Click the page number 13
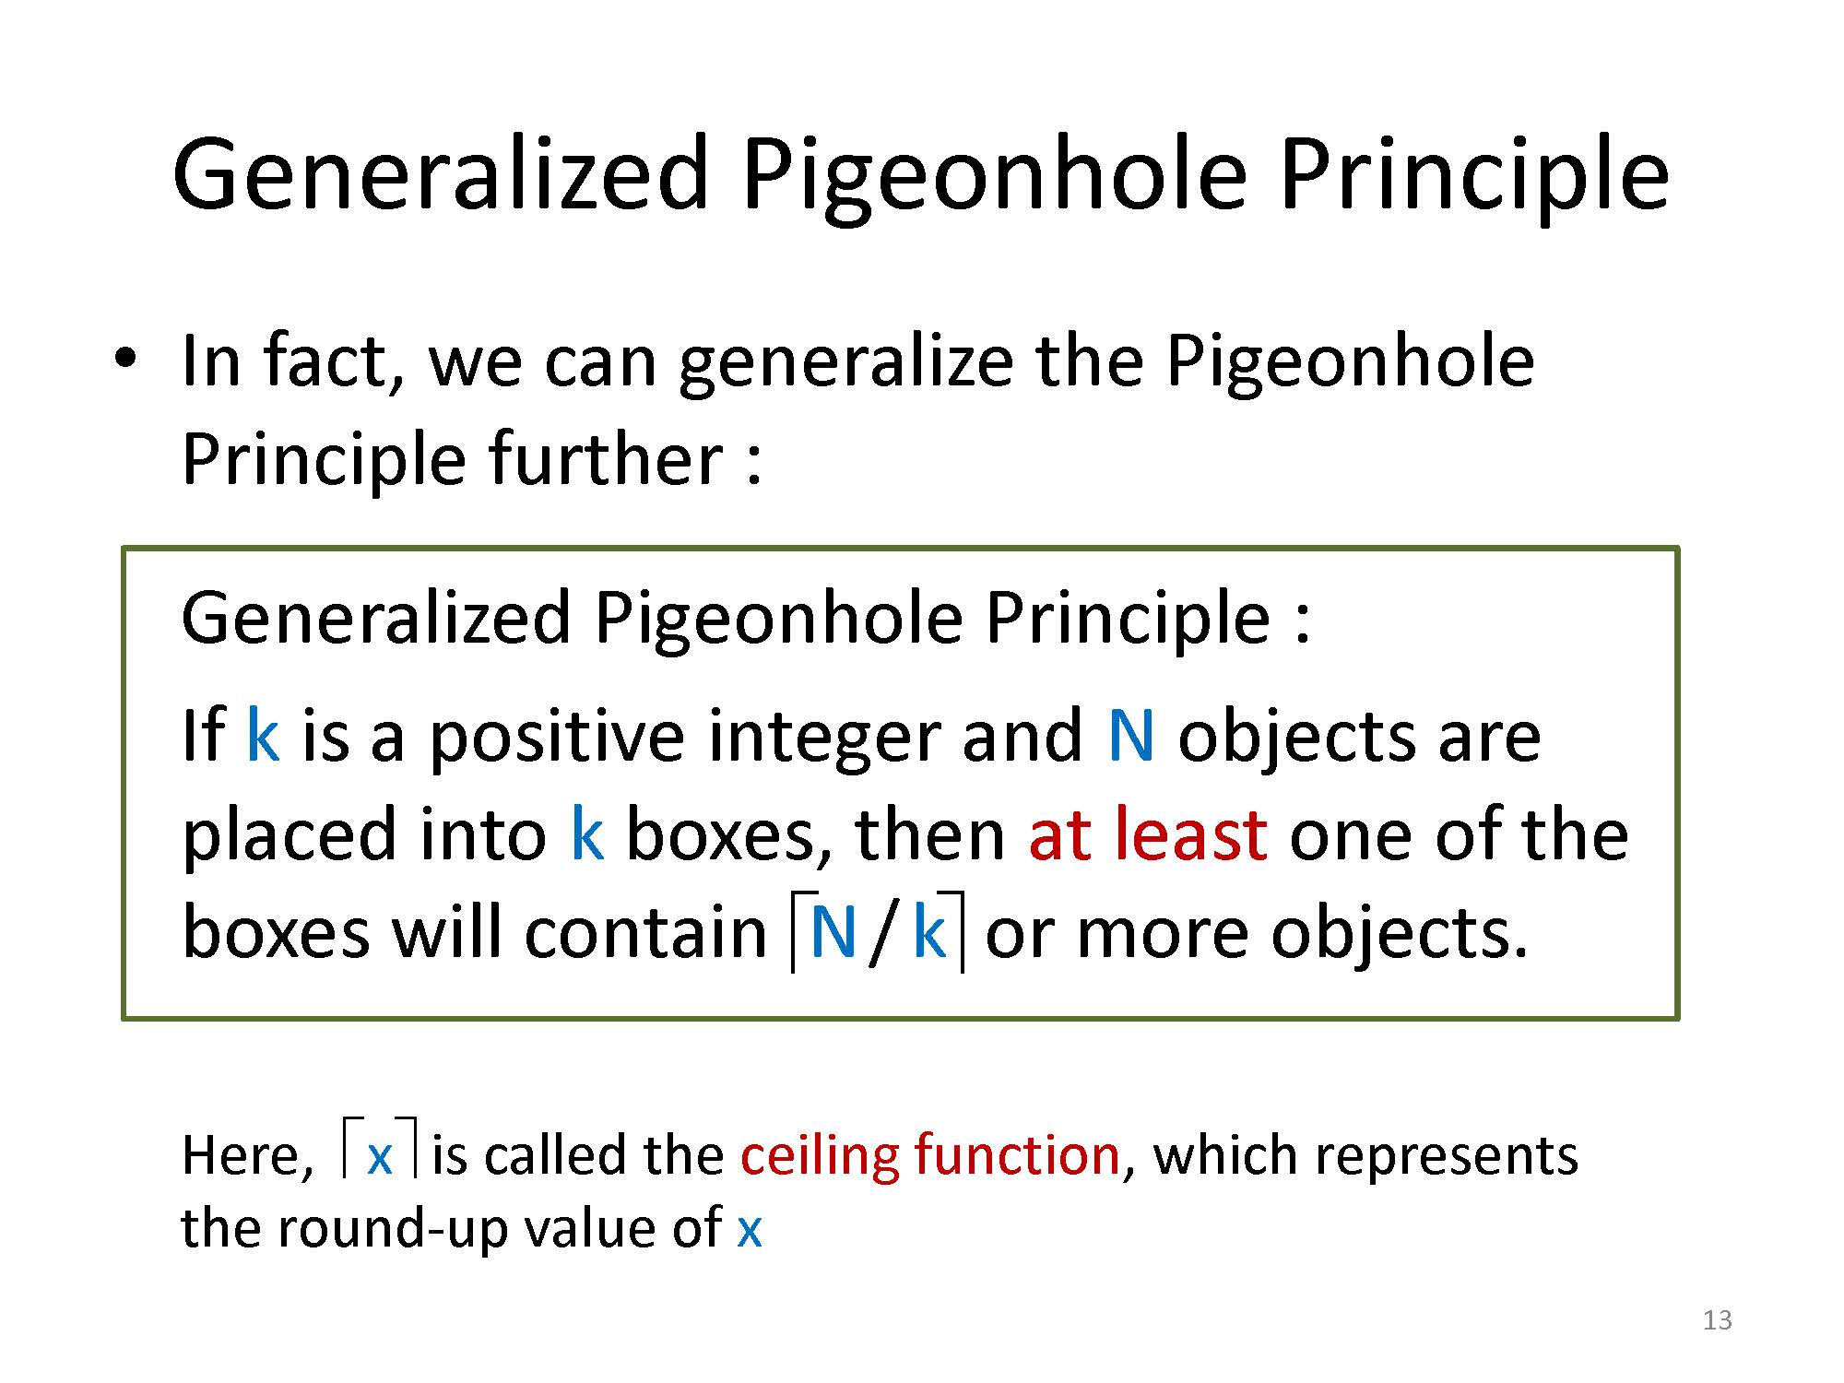tap(1718, 1320)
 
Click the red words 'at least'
tap(1147, 834)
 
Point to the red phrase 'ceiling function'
tap(930, 1154)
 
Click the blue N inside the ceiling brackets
tap(833, 932)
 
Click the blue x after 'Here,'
tap(380, 1157)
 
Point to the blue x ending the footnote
tap(750, 1230)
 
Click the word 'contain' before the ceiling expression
tap(645, 932)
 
